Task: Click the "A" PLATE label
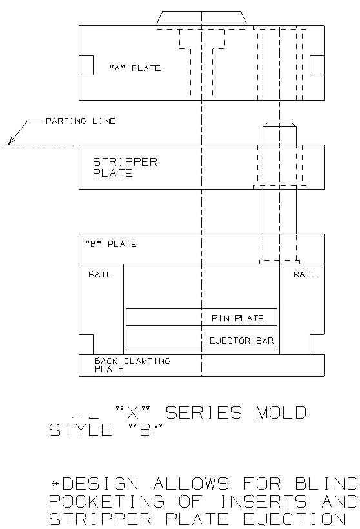click(x=135, y=68)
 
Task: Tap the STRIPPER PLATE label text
click(x=125, y=167)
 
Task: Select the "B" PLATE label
click(x=110, y=244)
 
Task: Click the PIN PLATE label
click(x=237, y=318)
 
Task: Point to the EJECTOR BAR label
click(x=241, y=341)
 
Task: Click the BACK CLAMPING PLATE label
click(x=132, y=365)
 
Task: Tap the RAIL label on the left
click(x=99, y=274)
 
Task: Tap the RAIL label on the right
click(x=305, y=274)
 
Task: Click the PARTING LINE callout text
click(x=81, y=121)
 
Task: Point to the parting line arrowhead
click(x=11, y=141)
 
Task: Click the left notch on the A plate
click(x=86, y=65)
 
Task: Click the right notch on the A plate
click(x=317, y=65)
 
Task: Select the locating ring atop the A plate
click(x=201, y=19)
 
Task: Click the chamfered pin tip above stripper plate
click(x=280, y=125)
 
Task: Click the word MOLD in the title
click(x=281, y=413)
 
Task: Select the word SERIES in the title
click(x=204, y=413)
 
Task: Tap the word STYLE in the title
click(x=80, y=430)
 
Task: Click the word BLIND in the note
click(x=326, y=484)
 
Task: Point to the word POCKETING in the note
click(x=107, y=501)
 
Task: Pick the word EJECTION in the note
click(x=294, y=519)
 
